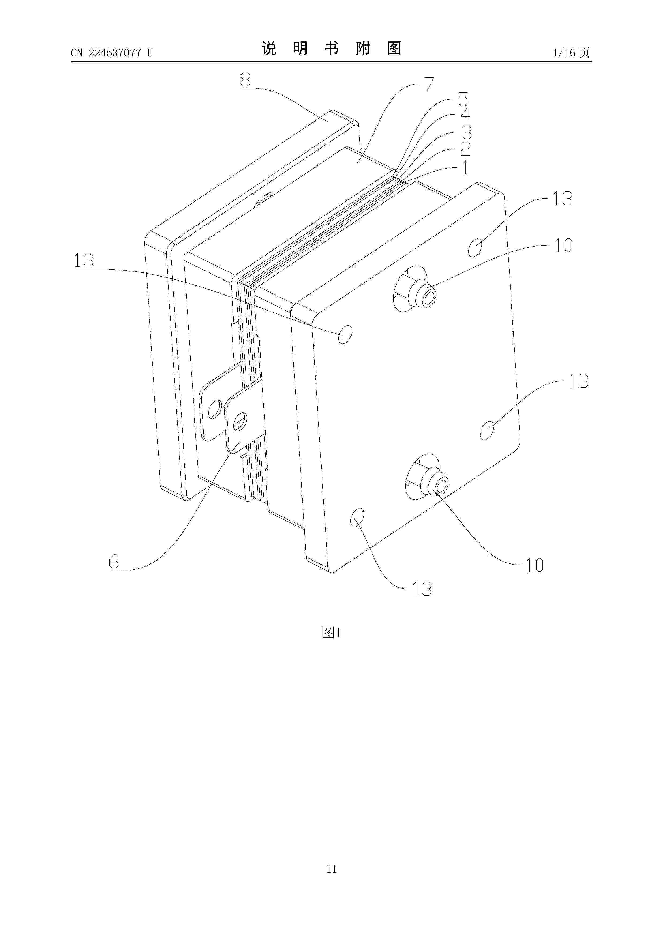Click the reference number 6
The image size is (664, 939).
[x=114, y=562]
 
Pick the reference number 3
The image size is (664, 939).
[x=466, y=132]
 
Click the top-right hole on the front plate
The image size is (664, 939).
[x=475, y=248]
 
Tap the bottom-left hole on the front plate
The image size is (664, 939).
[x=357, y=517]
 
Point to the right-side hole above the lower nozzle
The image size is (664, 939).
[x=486, y=431]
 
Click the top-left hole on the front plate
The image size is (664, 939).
[x=345, y=335]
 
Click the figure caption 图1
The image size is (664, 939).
[x=331, y=633]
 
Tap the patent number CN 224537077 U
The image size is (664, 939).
[x=112, y=53]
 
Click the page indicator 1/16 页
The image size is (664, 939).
[x=571, y=52]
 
